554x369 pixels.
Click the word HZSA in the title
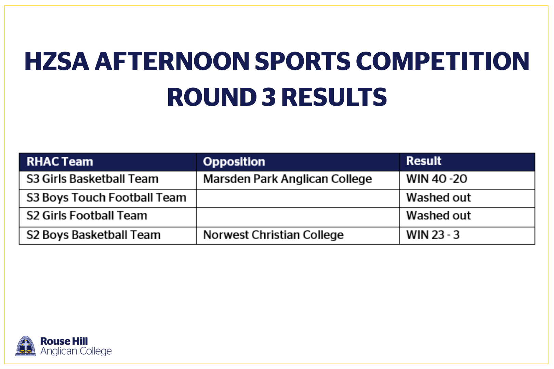click(57, 61)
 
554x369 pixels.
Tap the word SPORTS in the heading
click(302, 61)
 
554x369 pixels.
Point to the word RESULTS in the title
click(334, 97)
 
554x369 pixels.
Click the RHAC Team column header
click(60, 162)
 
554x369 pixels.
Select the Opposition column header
click(234, 162)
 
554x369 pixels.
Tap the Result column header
click(424, 161)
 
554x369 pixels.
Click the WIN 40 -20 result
click(437, 179)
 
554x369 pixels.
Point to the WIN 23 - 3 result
click(433, 235)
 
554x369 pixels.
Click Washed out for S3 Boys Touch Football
click(438, 197)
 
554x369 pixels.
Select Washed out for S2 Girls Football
click(438, 215)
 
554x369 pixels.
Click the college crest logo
click(26, 346)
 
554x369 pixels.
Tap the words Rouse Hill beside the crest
click(64, 341)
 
